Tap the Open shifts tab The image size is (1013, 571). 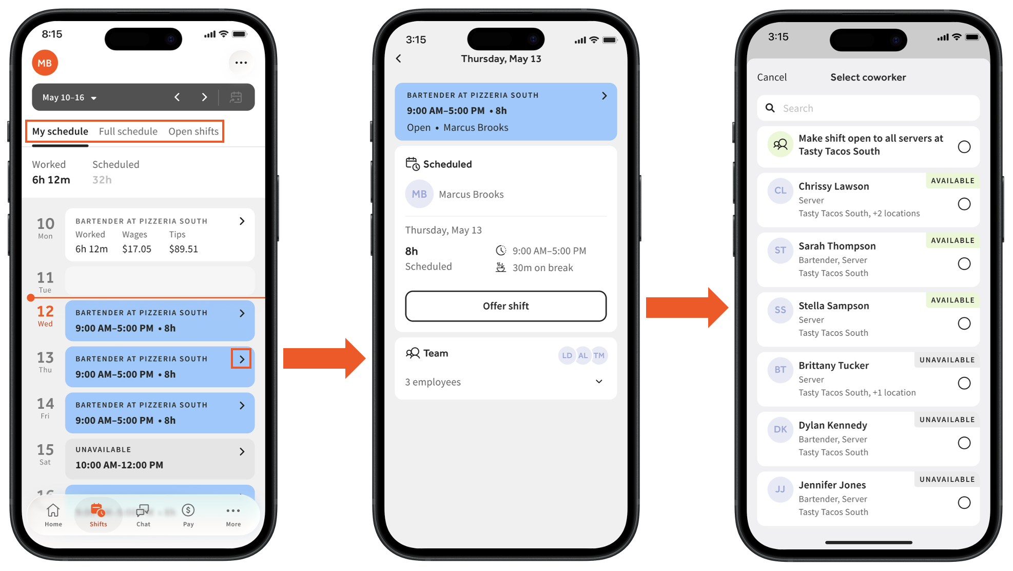193,131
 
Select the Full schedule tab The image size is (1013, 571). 128,131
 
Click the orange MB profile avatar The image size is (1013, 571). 45,63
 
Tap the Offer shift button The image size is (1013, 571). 505,306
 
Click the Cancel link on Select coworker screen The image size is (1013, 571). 771,77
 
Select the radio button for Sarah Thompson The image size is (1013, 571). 964,264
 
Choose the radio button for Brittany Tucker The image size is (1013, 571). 964,383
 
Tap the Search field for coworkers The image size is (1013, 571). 868,108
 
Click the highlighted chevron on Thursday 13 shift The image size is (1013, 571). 241,359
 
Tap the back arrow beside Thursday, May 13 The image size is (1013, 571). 399,59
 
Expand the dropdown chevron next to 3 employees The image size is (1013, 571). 599,382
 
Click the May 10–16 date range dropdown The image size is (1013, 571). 69,98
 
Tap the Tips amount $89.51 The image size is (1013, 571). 183,249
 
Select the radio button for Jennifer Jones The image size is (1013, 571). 964,503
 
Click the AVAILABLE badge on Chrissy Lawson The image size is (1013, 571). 952,181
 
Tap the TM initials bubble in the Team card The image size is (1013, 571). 599,355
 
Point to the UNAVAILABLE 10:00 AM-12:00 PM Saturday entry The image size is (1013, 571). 160,458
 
